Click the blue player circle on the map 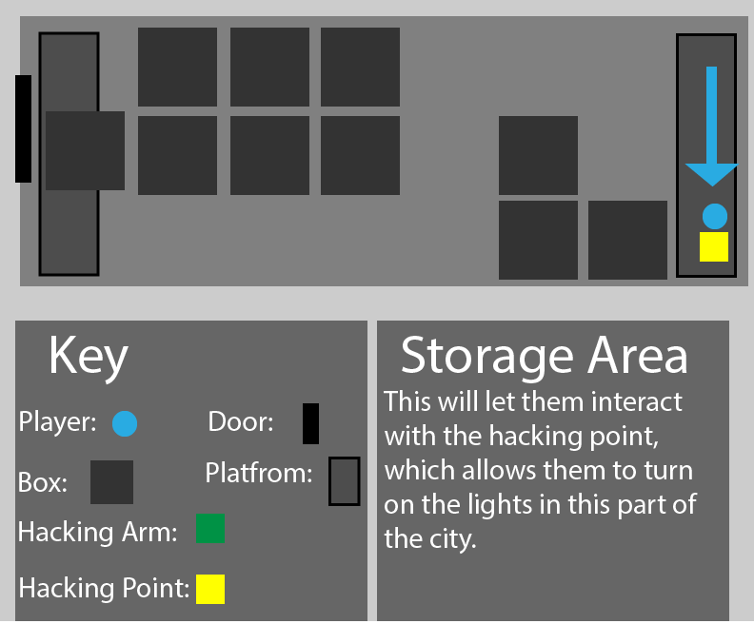tap(715, 216)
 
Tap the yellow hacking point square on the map tap(714, 246)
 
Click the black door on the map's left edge tap(23, 128)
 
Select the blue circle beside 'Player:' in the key tap(125, 424)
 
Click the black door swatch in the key tap(310, 424)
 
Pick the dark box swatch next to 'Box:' tap(111, 482)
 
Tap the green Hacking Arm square tap(209, 528)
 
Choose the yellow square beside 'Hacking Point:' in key tap(210, 589)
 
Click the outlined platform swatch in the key tap(344, 481)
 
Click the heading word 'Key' tap(88, 357)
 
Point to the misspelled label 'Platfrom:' tap(258, 473)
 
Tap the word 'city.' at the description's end tap(447, 538)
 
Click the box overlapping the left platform tap(85, 150)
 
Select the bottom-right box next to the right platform tap(627, 240)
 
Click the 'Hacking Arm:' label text tap(98, 532)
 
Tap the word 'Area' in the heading tap(638, 356)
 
